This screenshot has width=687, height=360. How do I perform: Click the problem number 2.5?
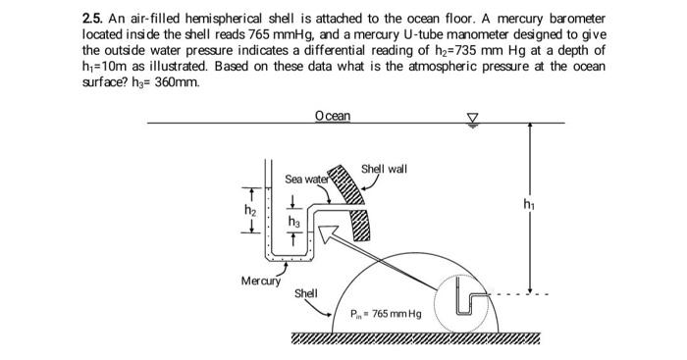(96, 19)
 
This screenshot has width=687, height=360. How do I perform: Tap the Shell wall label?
(385, 169)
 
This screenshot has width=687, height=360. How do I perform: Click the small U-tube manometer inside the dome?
(471, 304)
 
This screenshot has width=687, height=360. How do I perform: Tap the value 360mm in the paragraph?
(179, 81)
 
